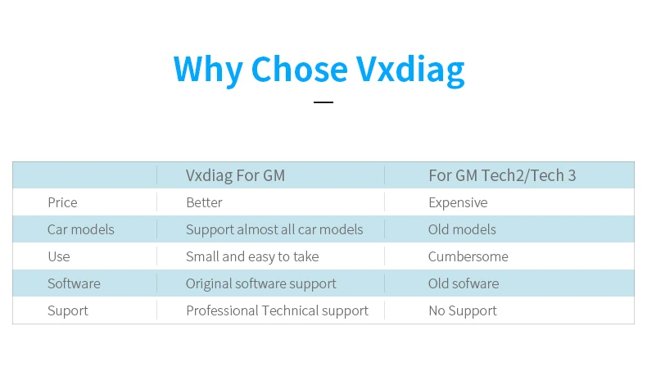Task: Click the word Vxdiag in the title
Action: point(411,69)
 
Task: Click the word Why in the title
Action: point(208,69)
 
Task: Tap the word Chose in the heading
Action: point(301,69)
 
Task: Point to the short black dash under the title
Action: point(323,102)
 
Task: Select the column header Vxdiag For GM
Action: point(235,175)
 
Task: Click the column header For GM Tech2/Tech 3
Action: point(502,175)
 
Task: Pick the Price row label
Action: point(62,202)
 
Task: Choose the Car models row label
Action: point(80,229)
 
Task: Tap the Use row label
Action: point(58,256)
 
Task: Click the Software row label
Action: point(74,283)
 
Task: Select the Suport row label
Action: point(67,310)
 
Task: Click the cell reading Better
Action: point(204,202)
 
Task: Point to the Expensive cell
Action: point(457,202)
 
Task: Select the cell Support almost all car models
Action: point(274,229)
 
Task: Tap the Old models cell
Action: point(462,229)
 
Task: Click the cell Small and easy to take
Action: point(252,256)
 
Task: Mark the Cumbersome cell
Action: point(468,256)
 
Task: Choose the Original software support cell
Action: point(260,283)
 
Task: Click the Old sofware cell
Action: point(463,283)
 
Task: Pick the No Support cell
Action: point(462,310)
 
